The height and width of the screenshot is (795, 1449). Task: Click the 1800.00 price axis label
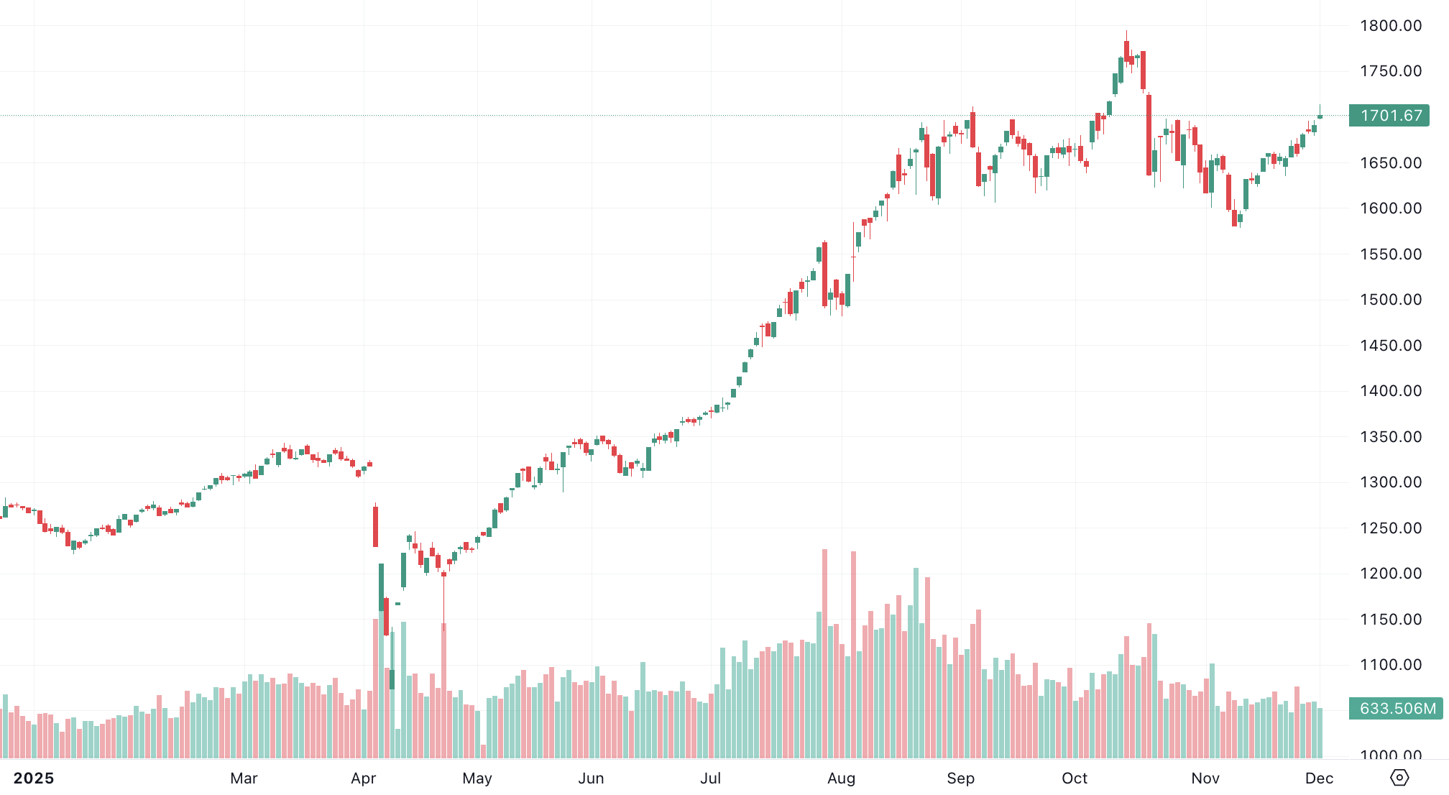pyautogui.click(x=1390, y=26)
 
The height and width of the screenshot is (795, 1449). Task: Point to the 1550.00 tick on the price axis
pyautogui.click(x=1390, y=254)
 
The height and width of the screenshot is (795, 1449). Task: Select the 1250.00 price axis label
pyautogui.click(x=1390, y=528)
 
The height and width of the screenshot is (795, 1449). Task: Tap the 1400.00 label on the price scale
pyautogui.click(x=1390, y=391)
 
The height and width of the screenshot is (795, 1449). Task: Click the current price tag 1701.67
pyautogui.click(x=1389, y=116)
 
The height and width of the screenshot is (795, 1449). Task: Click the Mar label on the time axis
pyautogui.click(x=244, y=778)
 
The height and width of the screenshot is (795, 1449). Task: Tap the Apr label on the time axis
pyautogui.click(x=364, y=778)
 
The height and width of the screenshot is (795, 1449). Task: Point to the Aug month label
pyautogui.click(x=841, y=778)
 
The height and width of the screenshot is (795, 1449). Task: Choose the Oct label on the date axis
pyautogui.click(x=1075, y=778)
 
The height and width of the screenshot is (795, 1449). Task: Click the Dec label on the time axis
pyautogui.click(x=1319, y=778)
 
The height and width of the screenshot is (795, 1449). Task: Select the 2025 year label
pyautogui.click(x=34, y=778)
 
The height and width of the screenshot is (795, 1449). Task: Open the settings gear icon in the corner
pyautogui.click(x=1399, y=778)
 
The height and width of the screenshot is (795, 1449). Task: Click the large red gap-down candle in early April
pyautogui.click(x=375, y=526)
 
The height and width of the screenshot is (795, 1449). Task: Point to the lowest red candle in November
pyautogui.click(x=1235, y=218)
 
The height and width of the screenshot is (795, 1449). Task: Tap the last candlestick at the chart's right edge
pyautogui.click(x=1320, y=116)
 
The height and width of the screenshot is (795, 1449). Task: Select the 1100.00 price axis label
pyautogui.click(x=1390, y=665)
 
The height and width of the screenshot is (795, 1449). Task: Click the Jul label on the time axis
pyautogui.click(x=710, y=778)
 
